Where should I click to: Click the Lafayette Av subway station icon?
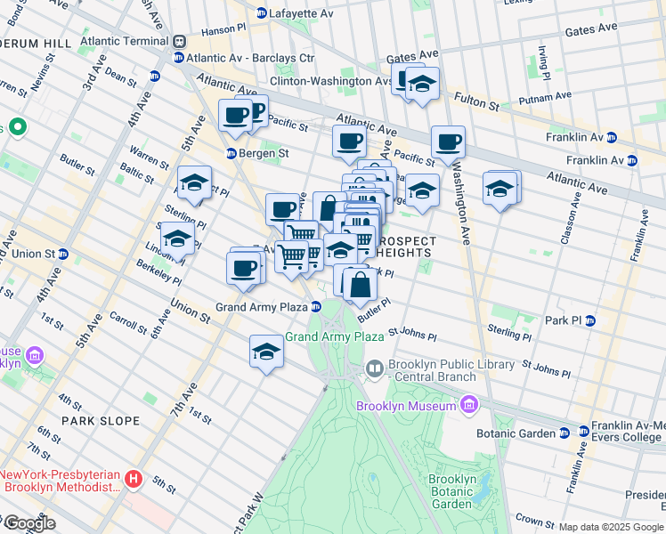point(261,13)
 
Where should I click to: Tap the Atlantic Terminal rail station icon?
point(179,41)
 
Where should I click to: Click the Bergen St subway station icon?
point(230,153)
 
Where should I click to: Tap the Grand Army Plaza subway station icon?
point(315,307)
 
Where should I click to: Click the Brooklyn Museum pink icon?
point(468,407)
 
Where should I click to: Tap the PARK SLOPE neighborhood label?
point(101,420)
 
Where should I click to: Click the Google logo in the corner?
point(28,523)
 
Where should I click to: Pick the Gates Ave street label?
point(591,28)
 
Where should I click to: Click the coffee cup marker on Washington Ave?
point(449,142)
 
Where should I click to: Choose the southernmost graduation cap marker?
point(265,352)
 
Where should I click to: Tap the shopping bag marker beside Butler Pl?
point(361,286)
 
